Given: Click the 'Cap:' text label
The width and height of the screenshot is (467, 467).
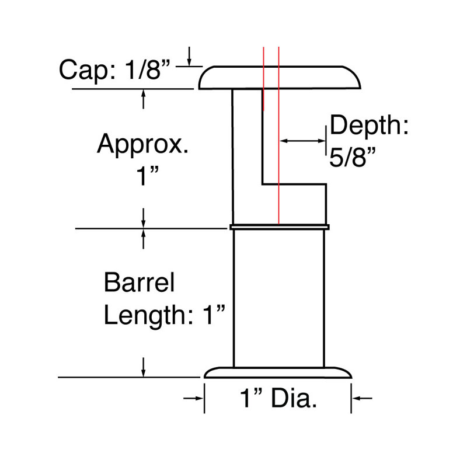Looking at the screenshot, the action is pyautogui.click(x=87, y=71).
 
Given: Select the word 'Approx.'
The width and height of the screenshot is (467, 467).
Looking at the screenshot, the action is pyautogui.click(x=142, y=145).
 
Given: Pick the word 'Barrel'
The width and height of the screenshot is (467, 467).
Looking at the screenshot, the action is pyautogui.click(x=139, y=282).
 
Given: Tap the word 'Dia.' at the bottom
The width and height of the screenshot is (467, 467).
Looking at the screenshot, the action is pyautogui.click(x=294, y=398).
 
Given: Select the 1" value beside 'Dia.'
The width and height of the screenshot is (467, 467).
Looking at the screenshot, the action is pyautogui.click(x=251, y=398).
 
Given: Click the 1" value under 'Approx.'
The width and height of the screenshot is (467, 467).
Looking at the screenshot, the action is pyautogui.click(x=147, y=175).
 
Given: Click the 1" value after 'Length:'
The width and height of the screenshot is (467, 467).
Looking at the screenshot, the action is pyautogui.click(x=214, y=315).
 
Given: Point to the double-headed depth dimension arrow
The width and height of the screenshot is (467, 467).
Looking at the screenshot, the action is pyautogui.click(x=302, y=141).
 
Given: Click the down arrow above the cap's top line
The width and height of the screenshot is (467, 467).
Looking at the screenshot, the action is pyautogui.click(x=189, y=56).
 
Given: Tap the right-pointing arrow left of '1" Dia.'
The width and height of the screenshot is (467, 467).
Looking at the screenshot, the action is pyautogui.click(x=194, y=398).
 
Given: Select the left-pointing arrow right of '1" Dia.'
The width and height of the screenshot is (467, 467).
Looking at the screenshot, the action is pyautogui.click(x=362, y=398).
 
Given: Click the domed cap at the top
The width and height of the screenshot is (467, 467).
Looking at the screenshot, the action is pyautogui.click(x=280, y=78).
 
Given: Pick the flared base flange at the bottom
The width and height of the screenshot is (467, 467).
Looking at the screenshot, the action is pyautogui.click(x=278, y=372).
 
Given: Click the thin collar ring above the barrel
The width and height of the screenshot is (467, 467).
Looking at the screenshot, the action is pyautogui.click(x=280, y=227).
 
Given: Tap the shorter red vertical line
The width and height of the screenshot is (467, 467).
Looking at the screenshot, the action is pyautogui.click(x=264, y=79).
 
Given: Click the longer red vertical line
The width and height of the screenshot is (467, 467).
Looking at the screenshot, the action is pyautogui.click(x=278, y=135).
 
